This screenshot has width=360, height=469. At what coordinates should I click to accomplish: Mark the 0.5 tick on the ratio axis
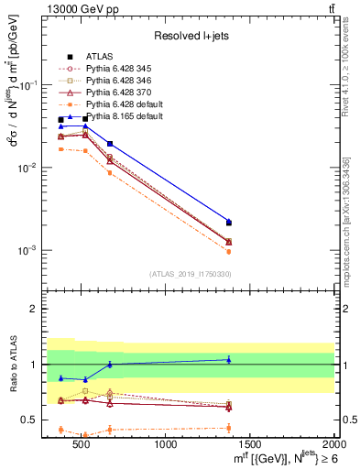[x=34, y=420]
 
